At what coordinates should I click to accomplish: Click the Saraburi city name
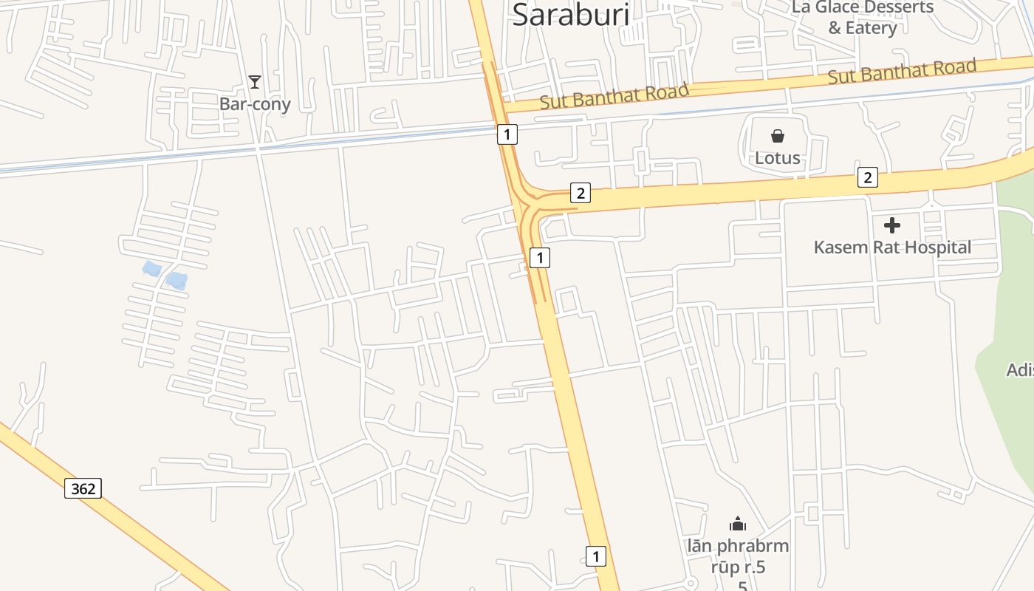[571, 14]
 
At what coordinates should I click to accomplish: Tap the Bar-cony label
[255, 104]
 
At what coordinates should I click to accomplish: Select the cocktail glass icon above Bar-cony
[255, 81]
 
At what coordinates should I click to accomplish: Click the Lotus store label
[777, 157]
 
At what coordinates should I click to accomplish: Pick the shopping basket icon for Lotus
[777, 136]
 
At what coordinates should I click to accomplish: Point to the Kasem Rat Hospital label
[892, 247]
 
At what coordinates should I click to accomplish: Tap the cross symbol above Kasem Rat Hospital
[892, 225]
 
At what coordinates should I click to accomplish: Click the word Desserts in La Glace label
[894, 7]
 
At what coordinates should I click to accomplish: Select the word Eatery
[871, 28]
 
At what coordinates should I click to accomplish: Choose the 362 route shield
[83, 488]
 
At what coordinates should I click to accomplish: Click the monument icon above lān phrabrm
[737, 524]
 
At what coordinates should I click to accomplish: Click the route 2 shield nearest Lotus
[868, 177]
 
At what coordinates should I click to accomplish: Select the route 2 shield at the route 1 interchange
[581, 194]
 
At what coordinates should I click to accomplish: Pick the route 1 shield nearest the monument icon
[596, 556]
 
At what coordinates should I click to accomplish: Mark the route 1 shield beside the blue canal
[507, 134]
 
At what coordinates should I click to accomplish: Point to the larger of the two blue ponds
[177, 281]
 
